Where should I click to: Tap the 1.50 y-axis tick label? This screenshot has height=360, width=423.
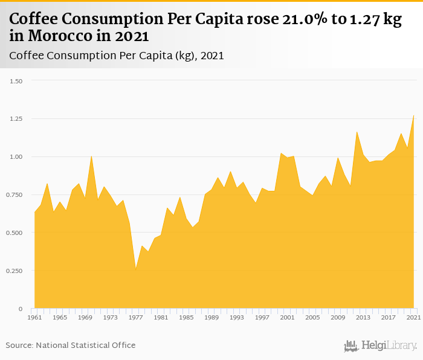(x=16, y=81)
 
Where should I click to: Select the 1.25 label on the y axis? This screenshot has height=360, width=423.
(x=16, y=119)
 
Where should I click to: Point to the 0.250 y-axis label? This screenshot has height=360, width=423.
(x=15, y=271)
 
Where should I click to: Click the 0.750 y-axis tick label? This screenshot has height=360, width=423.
(x=15, y=195)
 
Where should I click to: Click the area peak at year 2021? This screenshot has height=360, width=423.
(x=414, y=115)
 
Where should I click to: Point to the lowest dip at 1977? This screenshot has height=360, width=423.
(x=135, y=269)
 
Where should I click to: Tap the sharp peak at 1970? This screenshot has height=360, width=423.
(x=91, y=156)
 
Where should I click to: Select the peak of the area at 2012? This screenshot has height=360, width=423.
(x=357, y=131)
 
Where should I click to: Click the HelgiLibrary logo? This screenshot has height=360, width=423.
(x=380, y=346)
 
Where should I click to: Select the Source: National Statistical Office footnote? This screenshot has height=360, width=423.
(x=71, y=346)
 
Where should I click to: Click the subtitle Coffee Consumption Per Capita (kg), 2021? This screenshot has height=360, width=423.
(x=117, y=56)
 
